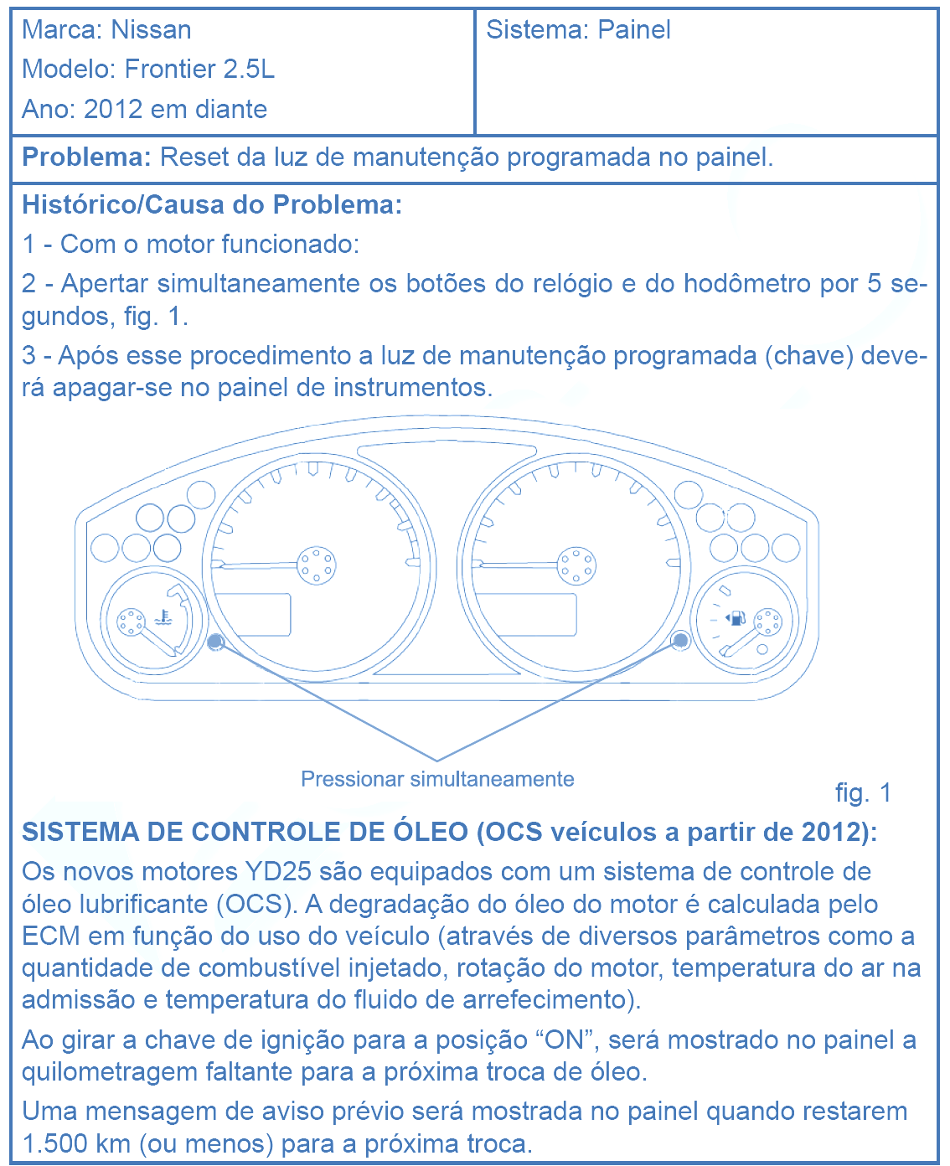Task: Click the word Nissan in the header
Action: pyautogui.click(x=151, y=30)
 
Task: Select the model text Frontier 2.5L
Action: pyautogui.click(x=199, y=70)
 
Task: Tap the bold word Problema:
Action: pyautogui.click(x=86, y=157)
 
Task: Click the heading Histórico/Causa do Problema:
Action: pyautogui.click(x=212, y=205)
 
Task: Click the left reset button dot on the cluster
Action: pyautogui.click(x=215, y=642)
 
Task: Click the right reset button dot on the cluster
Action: pyautogui.click(x=680, y=641)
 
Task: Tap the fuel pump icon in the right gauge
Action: pyautogui.click(x=736, y=619)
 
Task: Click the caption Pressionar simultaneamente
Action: pyautogui.click(x=437, y=780)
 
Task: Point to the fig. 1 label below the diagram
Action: pyautogui.click(x=863, y=793)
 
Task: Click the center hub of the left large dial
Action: pyautogui.click(x=317, y=565)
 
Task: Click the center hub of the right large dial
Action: pyautogui.click(x=576, y=565)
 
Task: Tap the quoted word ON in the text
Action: pyautogui.click(x=564, y=1040)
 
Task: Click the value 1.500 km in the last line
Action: pyautogui.click(x=76, y=1144)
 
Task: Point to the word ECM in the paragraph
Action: pyautogui.click(x=51, y=936)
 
